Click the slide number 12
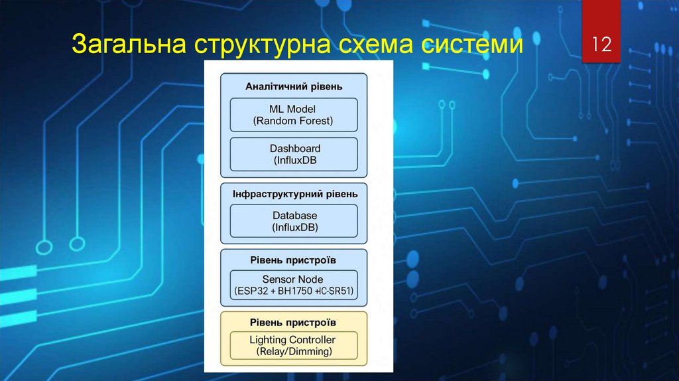click(x=601, y=45)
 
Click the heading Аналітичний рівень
click(x=294, y=86)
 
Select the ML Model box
click(x=294, y=114)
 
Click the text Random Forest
click(x=294, y=121)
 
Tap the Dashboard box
click(x=294, y=154)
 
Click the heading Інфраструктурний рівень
click(x=295, y=194)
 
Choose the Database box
click(x=294, y=221)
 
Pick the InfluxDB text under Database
click(x=294, y=227)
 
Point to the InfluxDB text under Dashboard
click(x=294, y=161)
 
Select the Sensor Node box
click(x=294, y=285)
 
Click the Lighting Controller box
click(x=294, y=346)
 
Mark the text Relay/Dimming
click(x=294, y=352)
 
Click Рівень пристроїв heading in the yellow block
click(x=293, y=322)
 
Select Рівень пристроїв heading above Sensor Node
click(x=293, y=260)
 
